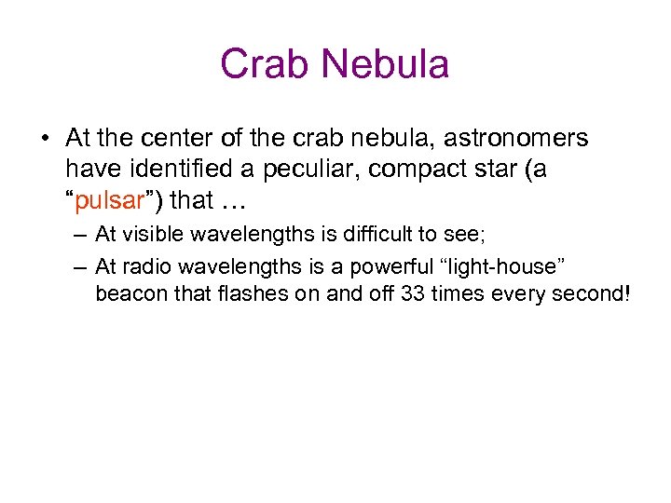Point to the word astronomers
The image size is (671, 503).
coord(516,139)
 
